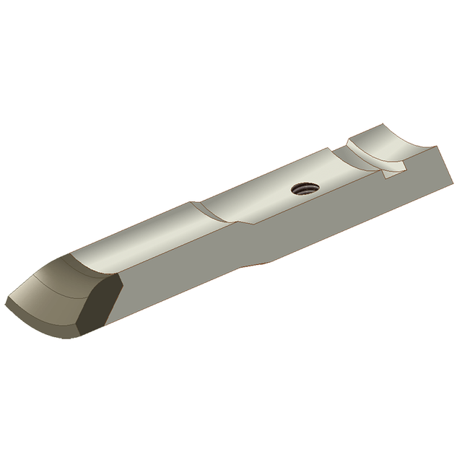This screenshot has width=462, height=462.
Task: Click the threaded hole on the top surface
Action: (303, 189)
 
